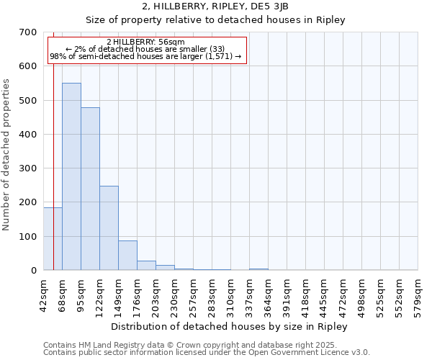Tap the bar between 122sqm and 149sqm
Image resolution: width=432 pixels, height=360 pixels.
click(109, 228)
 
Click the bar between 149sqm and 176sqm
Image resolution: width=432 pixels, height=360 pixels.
click(127, 255)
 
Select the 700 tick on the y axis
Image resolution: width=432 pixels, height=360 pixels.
click(28, 32)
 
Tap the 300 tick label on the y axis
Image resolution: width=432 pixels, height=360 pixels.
click(28, 168)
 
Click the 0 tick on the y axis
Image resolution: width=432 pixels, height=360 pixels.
click(33, 271)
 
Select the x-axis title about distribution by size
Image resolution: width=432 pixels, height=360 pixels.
click(230, 326)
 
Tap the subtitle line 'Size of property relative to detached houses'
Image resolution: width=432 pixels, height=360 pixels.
click(215, 19)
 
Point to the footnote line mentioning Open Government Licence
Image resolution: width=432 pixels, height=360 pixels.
click(207, 353)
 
